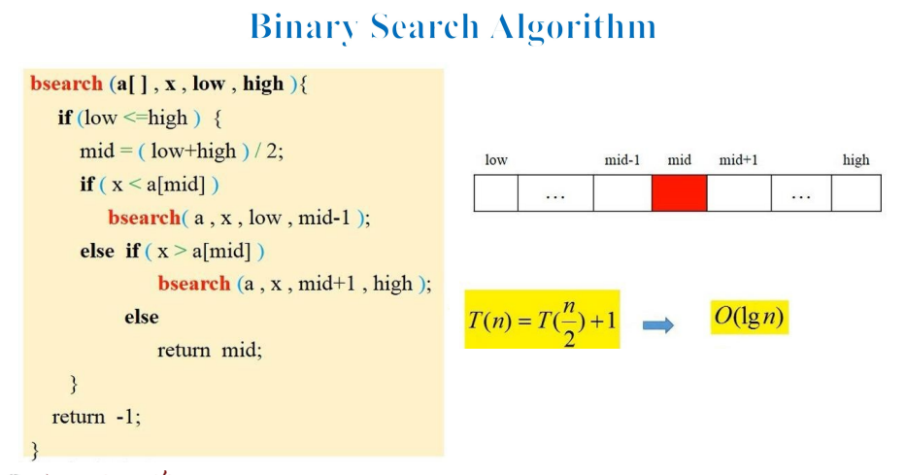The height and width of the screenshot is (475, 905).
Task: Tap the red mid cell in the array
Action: coord(680,192)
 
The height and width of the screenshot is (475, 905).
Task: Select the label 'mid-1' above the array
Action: coord(621,160)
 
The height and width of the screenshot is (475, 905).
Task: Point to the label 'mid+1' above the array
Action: coord(738,160)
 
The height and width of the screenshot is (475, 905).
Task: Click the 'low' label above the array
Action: coord(496,160)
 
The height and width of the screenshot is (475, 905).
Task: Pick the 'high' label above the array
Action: coord(855,160)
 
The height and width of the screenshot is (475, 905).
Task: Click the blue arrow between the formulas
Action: coord(658,325)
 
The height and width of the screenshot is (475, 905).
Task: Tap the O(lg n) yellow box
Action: coord(750,317)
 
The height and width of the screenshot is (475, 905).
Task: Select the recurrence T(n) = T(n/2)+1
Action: coord(542,320)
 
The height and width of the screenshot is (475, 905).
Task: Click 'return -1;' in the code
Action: coord(96,416)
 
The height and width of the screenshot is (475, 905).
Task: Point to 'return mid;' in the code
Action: coord(210,350)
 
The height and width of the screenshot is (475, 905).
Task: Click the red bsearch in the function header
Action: coord(66,84)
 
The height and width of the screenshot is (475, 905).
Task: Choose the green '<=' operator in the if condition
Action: coord(135,118)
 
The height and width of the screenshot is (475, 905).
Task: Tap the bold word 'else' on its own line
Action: coord(142,317)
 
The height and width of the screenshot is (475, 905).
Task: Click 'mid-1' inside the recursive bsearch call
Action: coord(323,218)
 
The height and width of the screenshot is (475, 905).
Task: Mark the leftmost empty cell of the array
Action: coord(496,192)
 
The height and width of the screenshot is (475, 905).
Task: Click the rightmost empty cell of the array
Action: coord(856,192)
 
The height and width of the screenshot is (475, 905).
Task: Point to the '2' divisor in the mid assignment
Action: coord(272,152)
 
